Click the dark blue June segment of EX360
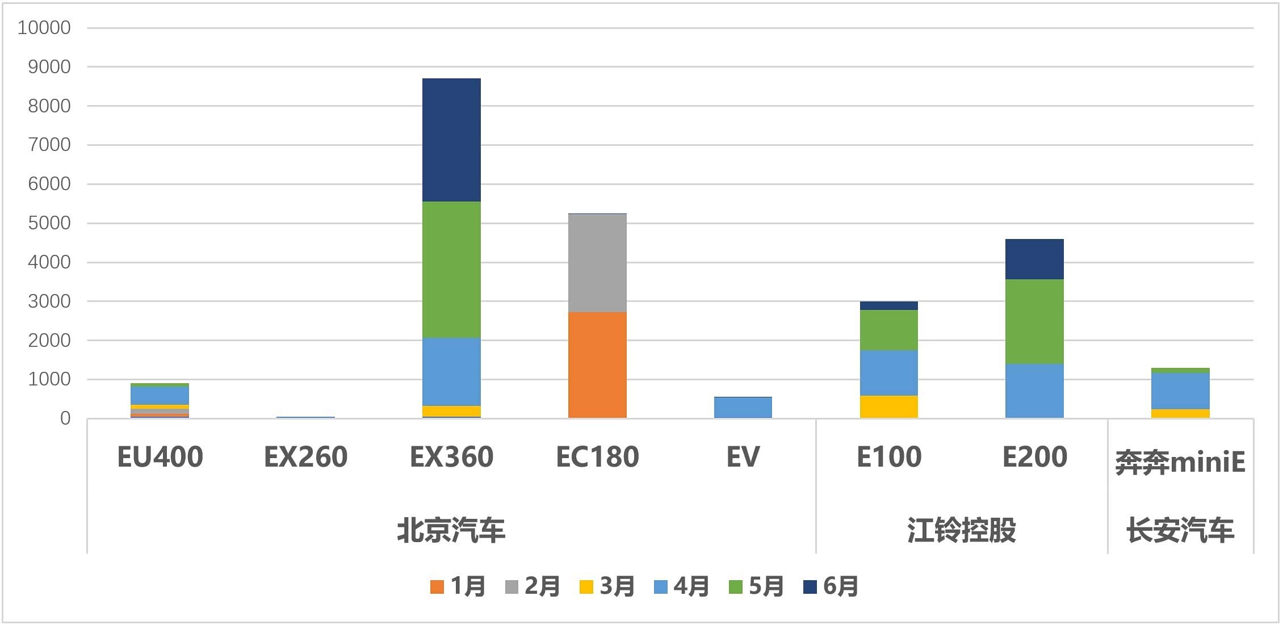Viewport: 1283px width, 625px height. tap(451, 140)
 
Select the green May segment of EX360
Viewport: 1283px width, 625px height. tap(451, 270)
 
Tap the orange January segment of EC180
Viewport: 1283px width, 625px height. tap(597, 365)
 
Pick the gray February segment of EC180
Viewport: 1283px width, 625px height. tap(597, 263)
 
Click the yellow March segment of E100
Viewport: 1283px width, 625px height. tap(888, 406)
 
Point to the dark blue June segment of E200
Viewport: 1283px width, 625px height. tap(1034, 259)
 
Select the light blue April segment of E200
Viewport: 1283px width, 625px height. tap(1034, 391)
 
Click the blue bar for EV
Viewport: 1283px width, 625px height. tap(743, 407)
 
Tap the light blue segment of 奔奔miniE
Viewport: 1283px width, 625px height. tap(1180, 391)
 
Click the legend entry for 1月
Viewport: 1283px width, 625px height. tap(458, 586)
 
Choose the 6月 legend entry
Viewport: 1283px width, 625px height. tap(831, 586)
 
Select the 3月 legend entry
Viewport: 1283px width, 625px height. tap(607, 586)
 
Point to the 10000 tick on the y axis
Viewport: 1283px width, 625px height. tap(44, 28)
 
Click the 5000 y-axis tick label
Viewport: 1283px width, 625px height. tap(49, 223)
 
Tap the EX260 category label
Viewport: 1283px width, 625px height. tap(305, 457)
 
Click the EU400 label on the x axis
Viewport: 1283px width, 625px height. tap(160, 457)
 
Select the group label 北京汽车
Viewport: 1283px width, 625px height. tap(451, 530)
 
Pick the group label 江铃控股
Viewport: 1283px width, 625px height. tap(961, 530)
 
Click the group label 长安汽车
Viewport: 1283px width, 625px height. tap(1180, 530)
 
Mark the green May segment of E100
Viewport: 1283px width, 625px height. tap(888, 330)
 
